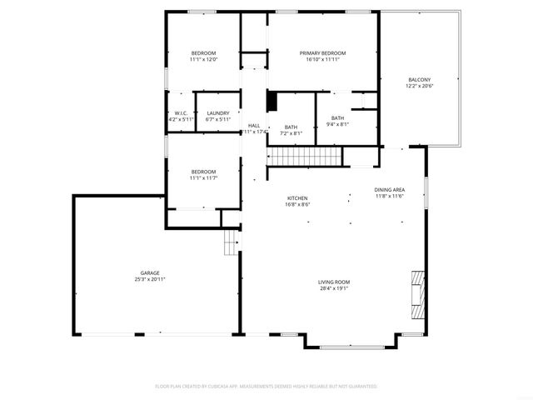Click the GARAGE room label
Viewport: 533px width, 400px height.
[150, 273]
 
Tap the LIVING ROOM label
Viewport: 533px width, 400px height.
[334, 283]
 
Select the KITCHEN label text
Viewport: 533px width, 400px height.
[298, 197]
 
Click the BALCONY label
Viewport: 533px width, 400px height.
[419, 80]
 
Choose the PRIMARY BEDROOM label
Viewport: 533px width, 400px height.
[323, 53]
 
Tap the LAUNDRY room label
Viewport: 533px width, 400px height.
[218, 113]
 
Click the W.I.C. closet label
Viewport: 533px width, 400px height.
[181, 113]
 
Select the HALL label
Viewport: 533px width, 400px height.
[254, 126]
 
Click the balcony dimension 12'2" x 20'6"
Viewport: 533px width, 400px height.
[419, 87]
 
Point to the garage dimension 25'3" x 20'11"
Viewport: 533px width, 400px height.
[150, 279]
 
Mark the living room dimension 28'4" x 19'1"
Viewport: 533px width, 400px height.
[334, 289]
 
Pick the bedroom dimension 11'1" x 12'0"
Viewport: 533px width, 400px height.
[203, 60]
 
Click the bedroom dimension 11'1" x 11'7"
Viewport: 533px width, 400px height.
[203, 177]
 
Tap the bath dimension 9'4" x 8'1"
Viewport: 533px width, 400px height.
[337, 124]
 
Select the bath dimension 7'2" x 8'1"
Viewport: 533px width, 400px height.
[291, 133]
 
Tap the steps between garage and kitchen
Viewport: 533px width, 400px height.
[232, 245]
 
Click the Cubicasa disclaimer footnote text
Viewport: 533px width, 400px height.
[266, 387]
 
